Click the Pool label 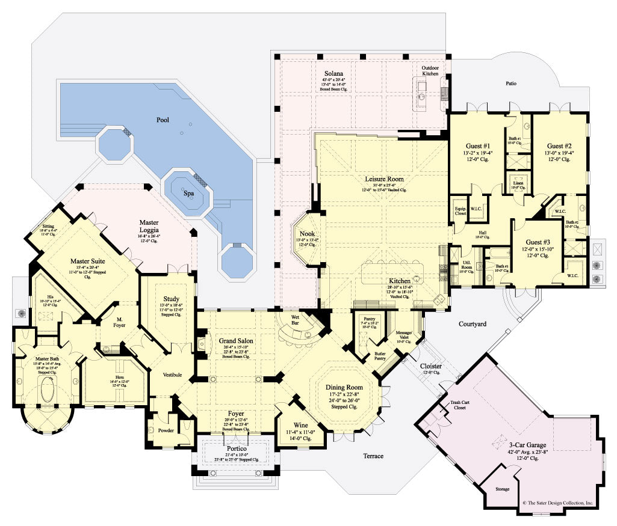[163, 120]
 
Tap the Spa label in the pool [189, 194]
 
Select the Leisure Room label [384, 179]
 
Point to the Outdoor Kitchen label [430, 72]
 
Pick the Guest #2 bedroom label [560, 145]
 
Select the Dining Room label [344, 387]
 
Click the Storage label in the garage [502, 489]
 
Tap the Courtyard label [473, 323]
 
